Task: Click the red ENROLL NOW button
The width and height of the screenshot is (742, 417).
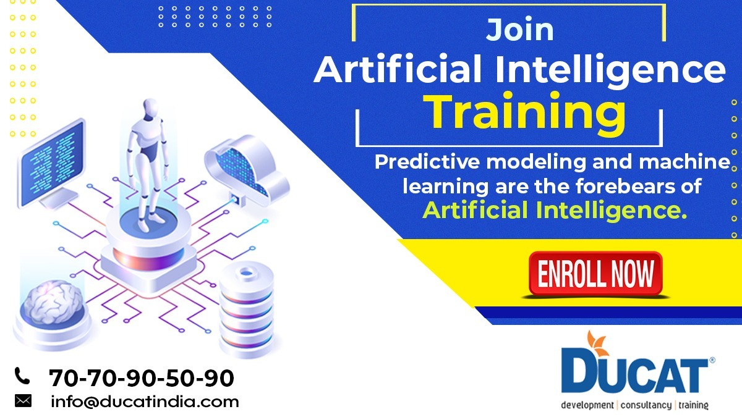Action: (595, 274)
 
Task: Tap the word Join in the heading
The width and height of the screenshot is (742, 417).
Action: (519, 30)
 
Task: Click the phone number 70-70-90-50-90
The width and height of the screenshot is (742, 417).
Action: (142, 377)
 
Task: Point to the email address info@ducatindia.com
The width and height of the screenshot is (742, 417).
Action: (145, 402)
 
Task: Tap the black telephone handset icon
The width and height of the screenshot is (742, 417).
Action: (22, 375)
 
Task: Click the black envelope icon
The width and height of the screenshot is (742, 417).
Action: (23, 401)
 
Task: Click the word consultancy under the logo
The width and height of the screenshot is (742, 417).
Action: (646, 405)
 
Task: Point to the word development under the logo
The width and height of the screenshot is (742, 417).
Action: (586, 405)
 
